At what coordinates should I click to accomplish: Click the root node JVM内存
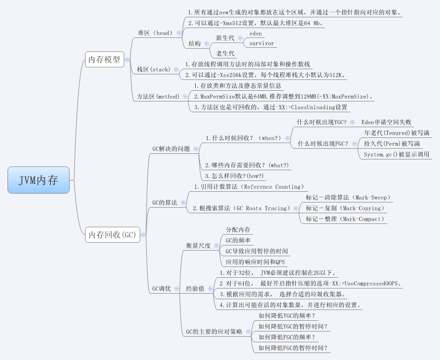pos(38,180)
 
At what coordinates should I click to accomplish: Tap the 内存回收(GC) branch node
pos(112,235)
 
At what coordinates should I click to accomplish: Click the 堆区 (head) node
pos(155,33)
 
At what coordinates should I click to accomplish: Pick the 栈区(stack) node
pos(153,70)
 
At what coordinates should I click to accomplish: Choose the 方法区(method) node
pos(158,96)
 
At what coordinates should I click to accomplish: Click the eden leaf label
pos(255,34)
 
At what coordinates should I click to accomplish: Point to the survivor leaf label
pos(262,43)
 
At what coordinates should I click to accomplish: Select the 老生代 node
pos(225,53)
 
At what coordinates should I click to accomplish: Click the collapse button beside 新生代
pos(240,38)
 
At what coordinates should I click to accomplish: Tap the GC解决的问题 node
pos(171,149)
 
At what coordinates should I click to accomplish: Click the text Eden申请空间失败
pos(386,122)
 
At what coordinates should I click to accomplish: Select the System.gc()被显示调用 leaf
pos(396,154)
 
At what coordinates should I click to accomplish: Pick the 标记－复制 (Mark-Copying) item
pos(344,208)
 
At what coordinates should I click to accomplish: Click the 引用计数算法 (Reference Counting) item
pos(248,187)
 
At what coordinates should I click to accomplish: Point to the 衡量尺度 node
pos(198,245)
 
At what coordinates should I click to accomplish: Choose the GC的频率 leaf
pos(238,240)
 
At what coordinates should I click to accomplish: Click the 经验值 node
pos(195,288)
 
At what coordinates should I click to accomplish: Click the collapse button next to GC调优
pos(177,289)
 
